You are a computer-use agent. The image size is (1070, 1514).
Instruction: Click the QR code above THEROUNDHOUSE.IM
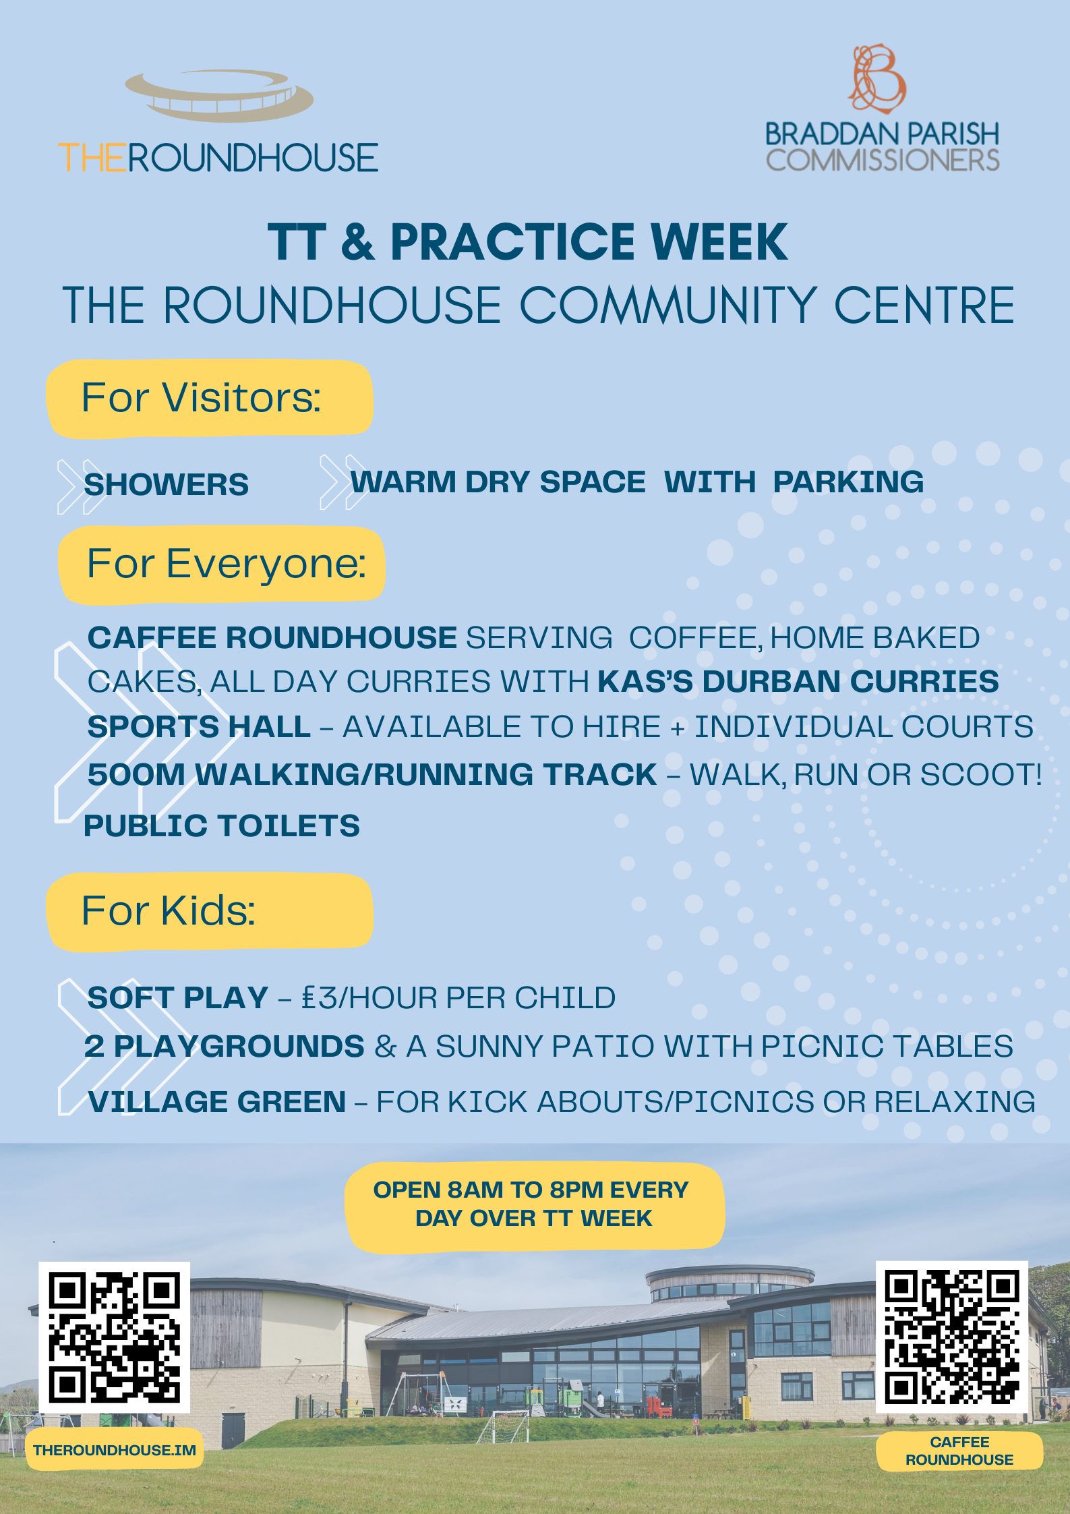coord(115,1337)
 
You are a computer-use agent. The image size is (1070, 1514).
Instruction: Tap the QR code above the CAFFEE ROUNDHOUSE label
coord(951,1337)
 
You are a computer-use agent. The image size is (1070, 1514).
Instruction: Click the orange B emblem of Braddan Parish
coord(876,78)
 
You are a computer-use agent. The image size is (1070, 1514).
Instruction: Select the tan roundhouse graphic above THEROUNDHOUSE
coord(219,95)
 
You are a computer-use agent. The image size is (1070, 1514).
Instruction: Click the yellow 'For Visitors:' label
coord(209,398)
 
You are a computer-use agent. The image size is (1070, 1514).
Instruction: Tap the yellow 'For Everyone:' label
coord(221,564)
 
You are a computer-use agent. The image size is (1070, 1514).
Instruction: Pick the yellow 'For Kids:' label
coord(209,911)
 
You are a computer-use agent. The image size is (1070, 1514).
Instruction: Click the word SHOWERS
coord(166,484)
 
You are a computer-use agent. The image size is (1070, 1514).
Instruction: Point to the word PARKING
coord(848,482)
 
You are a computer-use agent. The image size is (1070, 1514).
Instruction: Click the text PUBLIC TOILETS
coord(222,825)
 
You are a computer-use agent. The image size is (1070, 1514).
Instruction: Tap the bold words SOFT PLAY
coord(178,997)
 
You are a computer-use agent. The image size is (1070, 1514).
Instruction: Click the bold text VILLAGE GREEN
coord(217,1101)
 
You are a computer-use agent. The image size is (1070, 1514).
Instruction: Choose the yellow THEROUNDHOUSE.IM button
coord(115,1450)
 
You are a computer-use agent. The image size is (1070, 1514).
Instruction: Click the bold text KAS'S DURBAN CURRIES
coord(798,681)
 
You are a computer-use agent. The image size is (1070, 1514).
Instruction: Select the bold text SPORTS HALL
coord(199,726)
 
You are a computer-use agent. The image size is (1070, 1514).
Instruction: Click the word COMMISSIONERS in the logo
coord(883,160)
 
